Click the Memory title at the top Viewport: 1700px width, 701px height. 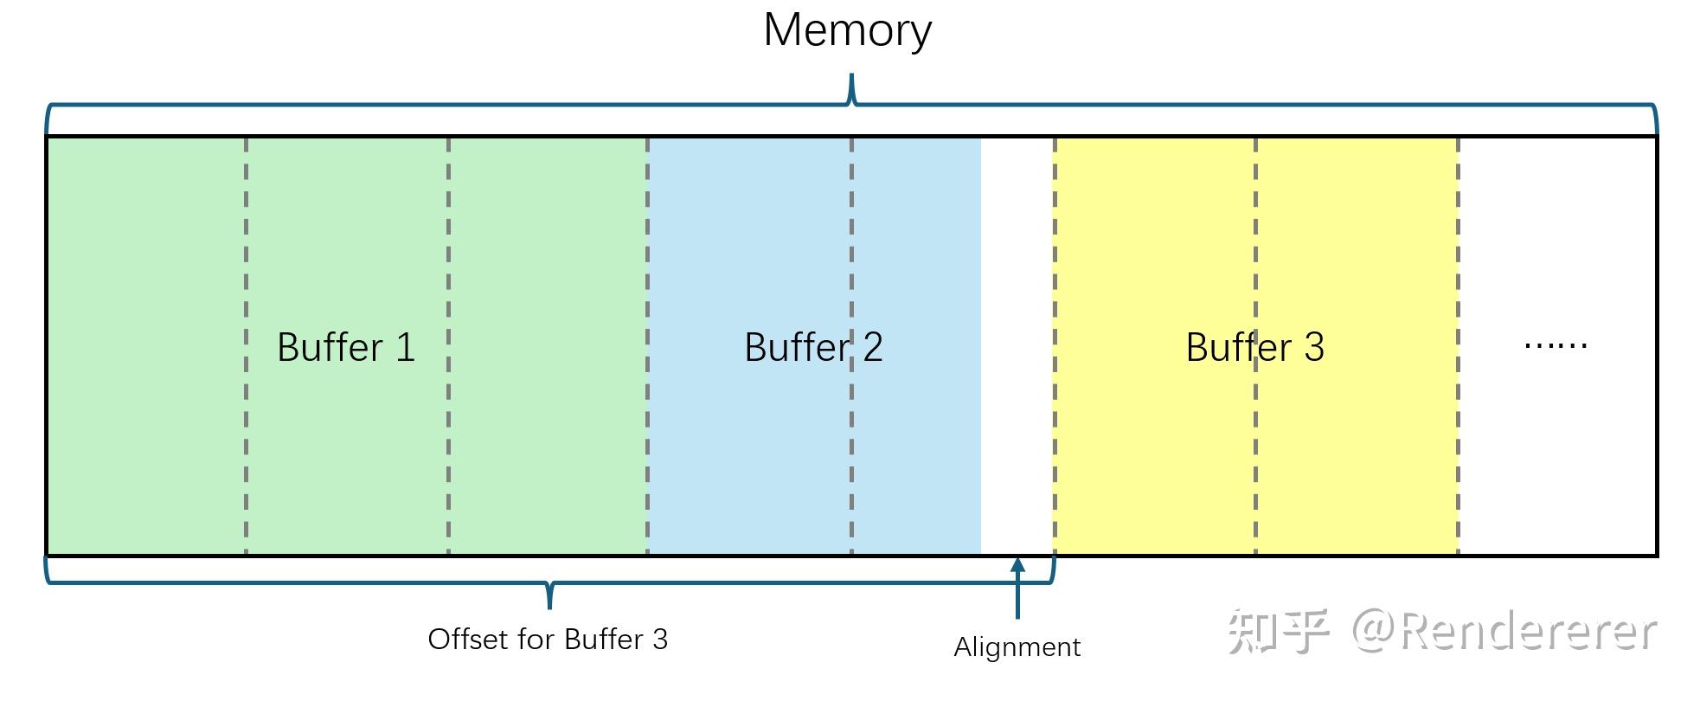pos(847,30)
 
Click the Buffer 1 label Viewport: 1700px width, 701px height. pos(346,347)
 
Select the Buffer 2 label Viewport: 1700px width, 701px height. pos(813,347)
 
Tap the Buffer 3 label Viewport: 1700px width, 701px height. pos(1254,347)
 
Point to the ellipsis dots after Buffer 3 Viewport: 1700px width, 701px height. pos(1555,345)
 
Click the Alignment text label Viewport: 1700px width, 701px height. pos(1017,647)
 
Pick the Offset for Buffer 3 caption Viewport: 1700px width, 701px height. pos(548,640)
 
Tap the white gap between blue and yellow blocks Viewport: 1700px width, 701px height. pos(1017,346)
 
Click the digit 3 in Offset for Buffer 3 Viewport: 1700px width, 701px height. pos(660,640)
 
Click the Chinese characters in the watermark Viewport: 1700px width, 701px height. pos(1277,631)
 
